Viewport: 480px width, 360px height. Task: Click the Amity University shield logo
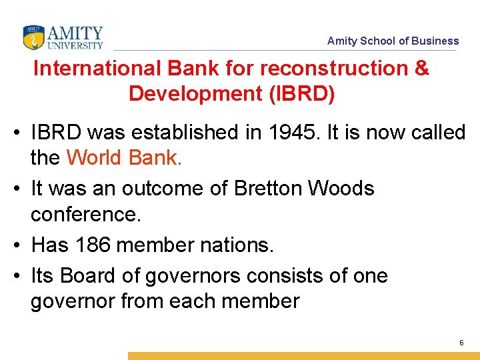click(x=33, y=37)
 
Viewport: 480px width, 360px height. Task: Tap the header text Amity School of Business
click(x=393, y=41)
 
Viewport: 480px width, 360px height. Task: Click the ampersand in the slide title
click(x=421, y=69)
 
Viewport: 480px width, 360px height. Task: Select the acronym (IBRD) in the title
click(x=301, y=94)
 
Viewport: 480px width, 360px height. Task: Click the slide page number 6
click(x=461, y=343)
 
